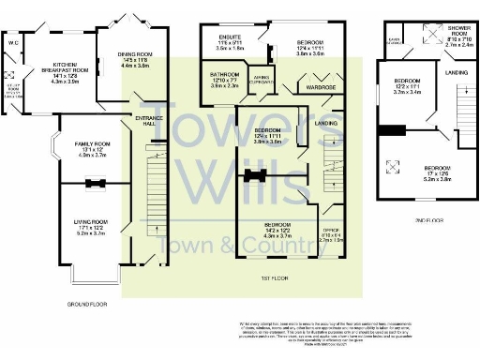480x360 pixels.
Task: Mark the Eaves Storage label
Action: [x=395, y=40]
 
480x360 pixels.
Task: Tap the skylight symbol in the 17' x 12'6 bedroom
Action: [x=393, y=169]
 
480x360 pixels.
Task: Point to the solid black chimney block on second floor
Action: [x=393, y=131]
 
